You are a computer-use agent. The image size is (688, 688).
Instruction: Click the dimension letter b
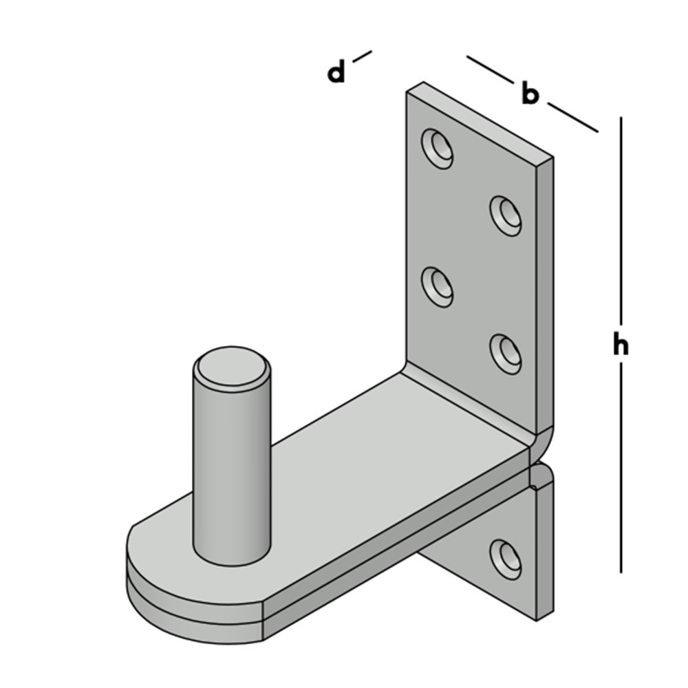(x=528, y=94)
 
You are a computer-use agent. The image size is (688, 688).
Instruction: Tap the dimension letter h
(x=621, y=346)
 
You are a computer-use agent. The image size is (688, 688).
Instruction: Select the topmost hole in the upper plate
(x=438, y=147)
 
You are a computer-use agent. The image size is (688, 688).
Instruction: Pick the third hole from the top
(x=438, y=286)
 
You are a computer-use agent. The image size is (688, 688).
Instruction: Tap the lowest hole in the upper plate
(x=506, y=353)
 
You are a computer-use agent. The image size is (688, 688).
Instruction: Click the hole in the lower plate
(x=506, y=557)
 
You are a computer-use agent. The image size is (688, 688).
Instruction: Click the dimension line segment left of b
(x=491, y=70)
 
